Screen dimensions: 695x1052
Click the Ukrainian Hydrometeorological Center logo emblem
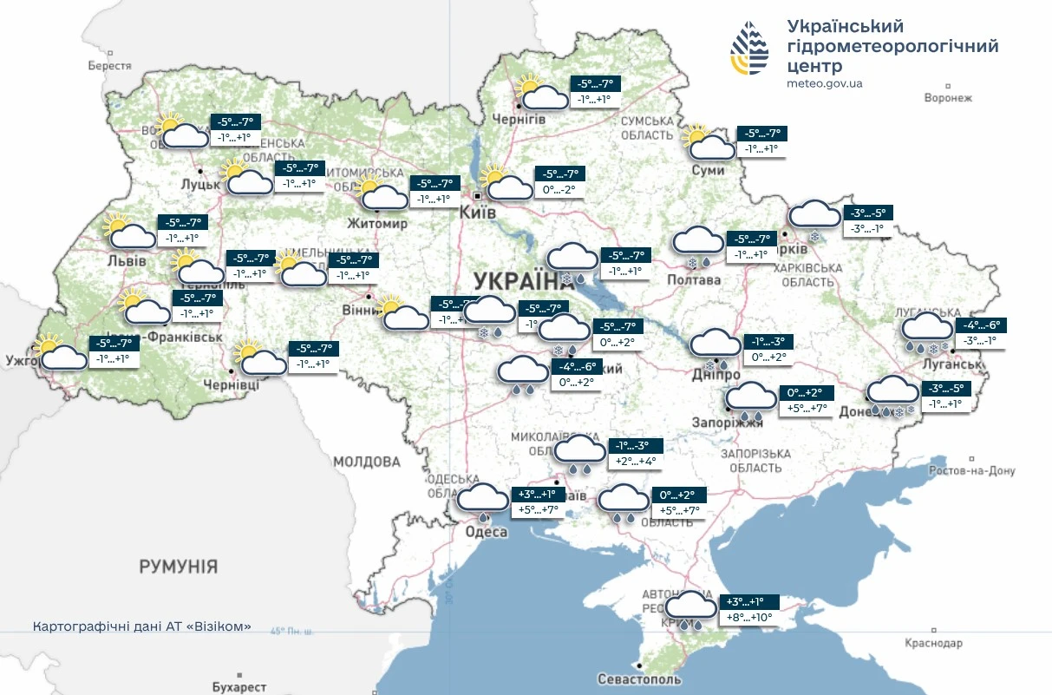(749, 49)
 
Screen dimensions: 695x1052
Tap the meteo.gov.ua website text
(824, 84)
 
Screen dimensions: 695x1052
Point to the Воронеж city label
(948, 98)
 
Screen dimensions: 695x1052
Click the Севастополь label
(639, 679)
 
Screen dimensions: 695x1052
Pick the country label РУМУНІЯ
(179, 567)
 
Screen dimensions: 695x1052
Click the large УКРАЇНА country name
(518, 280)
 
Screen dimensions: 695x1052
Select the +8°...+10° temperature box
(748, 618)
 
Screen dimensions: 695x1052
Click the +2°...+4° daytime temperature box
(636, 462)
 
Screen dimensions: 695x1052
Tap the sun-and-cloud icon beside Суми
(707, 142)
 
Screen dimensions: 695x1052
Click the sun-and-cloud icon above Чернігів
(540, 92)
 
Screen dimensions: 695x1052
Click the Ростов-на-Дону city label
(970, 470)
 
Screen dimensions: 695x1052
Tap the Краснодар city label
(933, 643)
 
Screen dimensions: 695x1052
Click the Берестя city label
(109, 66)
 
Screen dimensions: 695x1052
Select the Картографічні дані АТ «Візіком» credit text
(141, 626)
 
